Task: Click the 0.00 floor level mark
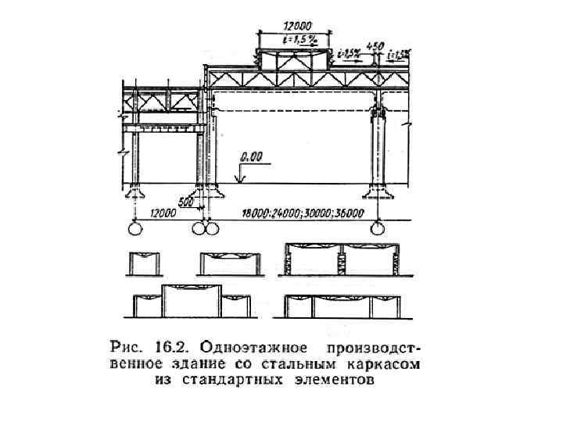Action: click(252, 156)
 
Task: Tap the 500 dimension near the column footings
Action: click(186, 202)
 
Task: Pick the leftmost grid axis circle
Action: click(134, 228)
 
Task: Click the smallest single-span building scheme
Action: click(142, 263)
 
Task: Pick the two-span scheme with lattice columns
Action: click(341, 259)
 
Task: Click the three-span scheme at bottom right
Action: click(341, 305)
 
